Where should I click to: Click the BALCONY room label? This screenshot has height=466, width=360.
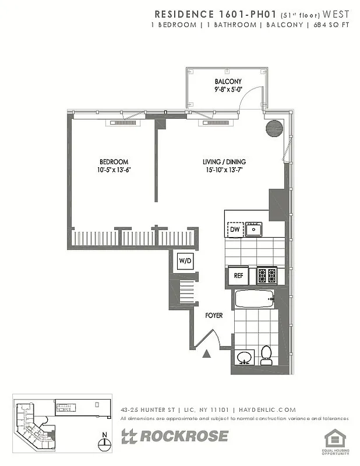[228, 82]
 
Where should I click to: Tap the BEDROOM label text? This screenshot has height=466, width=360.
[113, 162]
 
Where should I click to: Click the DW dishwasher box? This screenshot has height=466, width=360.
[234, 230]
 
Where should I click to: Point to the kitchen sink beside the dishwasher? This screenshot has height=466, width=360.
[253, 230]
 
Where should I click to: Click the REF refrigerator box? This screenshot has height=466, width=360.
[238, 276]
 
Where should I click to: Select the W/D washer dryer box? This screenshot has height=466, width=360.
[185, 261]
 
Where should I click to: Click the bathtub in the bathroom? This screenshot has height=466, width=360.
[254, 299]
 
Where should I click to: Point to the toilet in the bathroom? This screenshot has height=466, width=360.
[266, 355]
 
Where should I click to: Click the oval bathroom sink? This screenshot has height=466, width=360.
[245, 356]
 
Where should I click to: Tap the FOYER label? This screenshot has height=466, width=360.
[214, 315]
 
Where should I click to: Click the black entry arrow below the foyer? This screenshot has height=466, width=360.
[206, 352]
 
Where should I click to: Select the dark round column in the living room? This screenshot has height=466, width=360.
[274, 128]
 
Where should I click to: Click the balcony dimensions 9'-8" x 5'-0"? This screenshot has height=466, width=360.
[228, 90]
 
